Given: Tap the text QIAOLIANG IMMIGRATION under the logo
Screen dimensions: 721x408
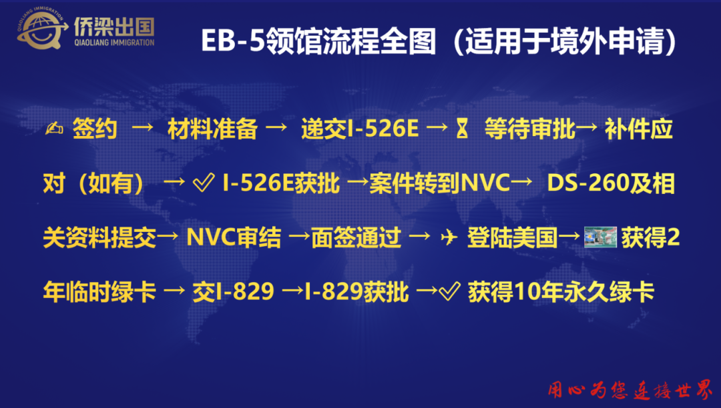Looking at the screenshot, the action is (115, 43).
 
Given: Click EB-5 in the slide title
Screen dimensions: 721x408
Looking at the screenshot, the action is (233, 41).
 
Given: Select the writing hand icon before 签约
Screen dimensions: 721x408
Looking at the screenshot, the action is (54, 129).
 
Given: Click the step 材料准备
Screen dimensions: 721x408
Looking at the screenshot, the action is (212, 129).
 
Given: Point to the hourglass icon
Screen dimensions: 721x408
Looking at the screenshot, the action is (462, 128).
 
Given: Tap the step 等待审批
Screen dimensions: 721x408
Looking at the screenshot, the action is (529, 129).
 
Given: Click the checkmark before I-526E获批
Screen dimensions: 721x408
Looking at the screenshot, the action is (204, 183).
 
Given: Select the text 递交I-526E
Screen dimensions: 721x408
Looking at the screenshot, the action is (360, 129).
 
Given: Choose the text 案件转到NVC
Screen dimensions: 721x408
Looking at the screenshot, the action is (439, 183).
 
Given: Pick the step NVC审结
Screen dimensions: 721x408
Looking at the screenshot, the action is (234, 238).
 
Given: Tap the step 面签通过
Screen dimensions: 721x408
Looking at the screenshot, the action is (356, 238).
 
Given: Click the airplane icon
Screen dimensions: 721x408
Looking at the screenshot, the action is (449, 237).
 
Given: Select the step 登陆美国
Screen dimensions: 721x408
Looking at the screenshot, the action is (512, 238).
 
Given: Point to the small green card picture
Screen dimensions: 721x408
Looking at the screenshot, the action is (600, 237).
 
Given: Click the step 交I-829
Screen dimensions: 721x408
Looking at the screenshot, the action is (233, 292).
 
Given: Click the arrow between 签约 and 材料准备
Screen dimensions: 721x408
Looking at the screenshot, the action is (143, 128).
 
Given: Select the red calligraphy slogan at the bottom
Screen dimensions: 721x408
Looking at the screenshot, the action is (630, 389).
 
